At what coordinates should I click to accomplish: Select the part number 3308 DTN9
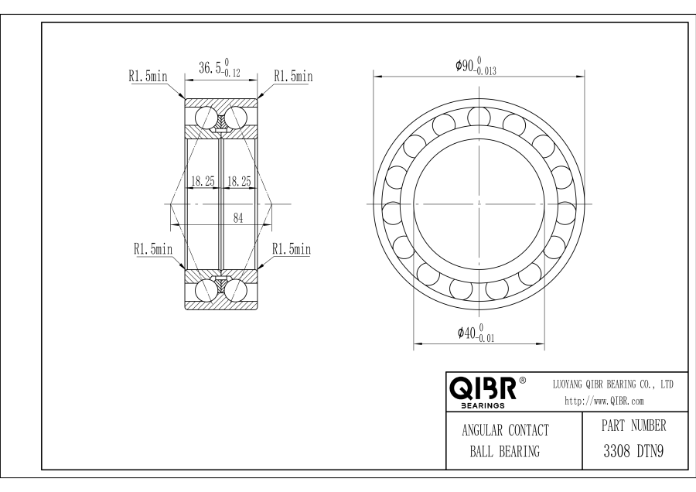tap(633, 452)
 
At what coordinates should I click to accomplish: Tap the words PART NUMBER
tap(633, 425)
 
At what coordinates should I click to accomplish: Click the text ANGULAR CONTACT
tap(505, 430)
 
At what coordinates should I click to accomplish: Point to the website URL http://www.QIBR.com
tap(604, 401)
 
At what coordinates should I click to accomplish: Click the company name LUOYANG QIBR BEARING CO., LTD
tap(612, 384)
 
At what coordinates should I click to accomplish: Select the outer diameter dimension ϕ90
tap(476, 66)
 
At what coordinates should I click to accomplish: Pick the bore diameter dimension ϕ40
tap(476, 333)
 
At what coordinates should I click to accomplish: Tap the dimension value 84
tap(238, 218)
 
